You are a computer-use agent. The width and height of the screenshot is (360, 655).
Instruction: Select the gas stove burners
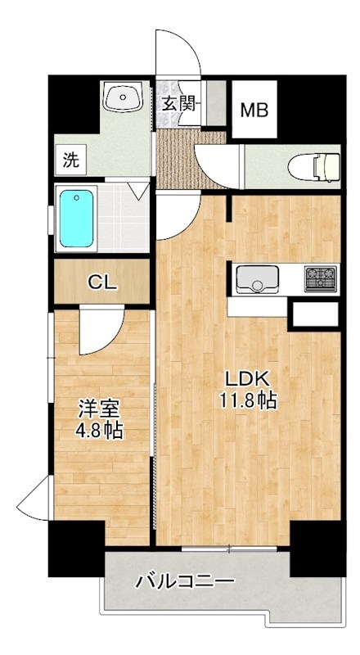pyautogui.click(x=322, y=278)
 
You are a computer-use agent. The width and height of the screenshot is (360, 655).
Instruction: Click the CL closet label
pyautogui.click(x=102, y=283)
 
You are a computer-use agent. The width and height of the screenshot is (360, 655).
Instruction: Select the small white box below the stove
pyautogui.click(x=314, y=313)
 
